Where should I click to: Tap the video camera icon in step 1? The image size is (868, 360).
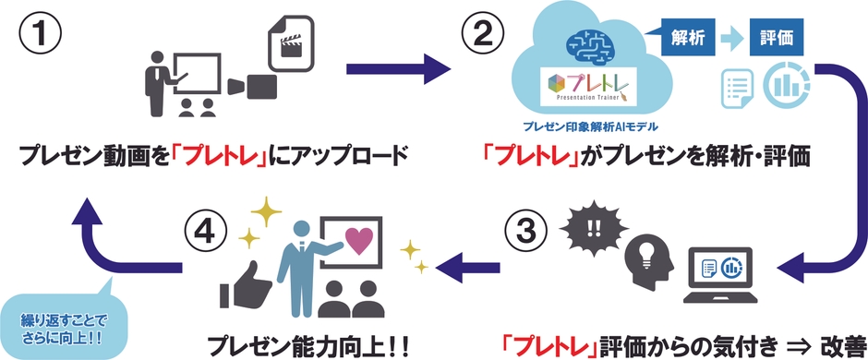251,86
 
